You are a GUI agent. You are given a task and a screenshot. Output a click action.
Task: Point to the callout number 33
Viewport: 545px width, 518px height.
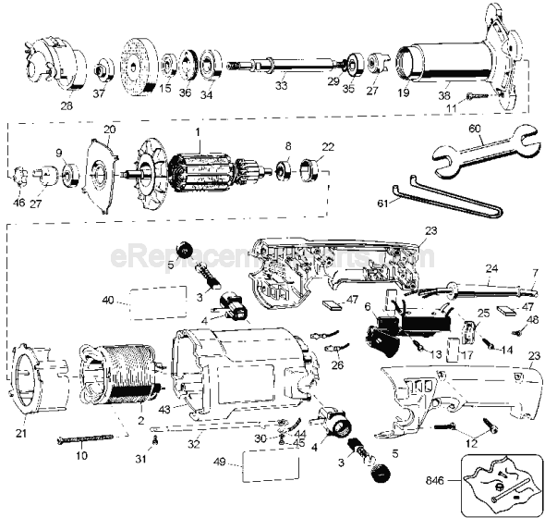[x=281, y=86]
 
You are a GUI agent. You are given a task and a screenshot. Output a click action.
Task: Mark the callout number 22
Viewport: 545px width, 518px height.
[x=327, y=147]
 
